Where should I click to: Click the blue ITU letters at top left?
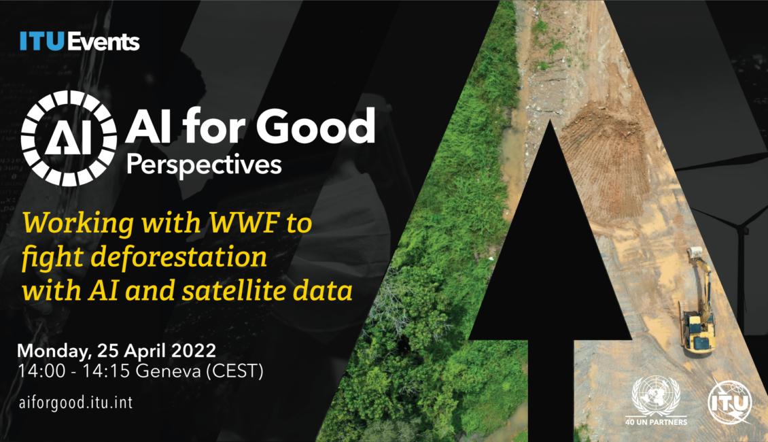[42, 41]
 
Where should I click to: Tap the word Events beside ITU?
[103, 41]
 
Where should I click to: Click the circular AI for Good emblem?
[69, 138]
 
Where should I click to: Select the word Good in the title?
[315, 126]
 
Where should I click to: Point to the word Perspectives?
[205, 165]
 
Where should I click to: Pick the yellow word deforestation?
[179, 257]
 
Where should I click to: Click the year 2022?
[194, 351]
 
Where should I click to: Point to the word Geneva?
[168, 371]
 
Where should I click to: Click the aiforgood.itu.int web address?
[75, 403]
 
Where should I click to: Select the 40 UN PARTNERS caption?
[656, 422]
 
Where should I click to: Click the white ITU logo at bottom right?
[730, 403]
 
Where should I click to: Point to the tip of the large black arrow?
[550, 120]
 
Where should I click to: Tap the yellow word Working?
[78, 224]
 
